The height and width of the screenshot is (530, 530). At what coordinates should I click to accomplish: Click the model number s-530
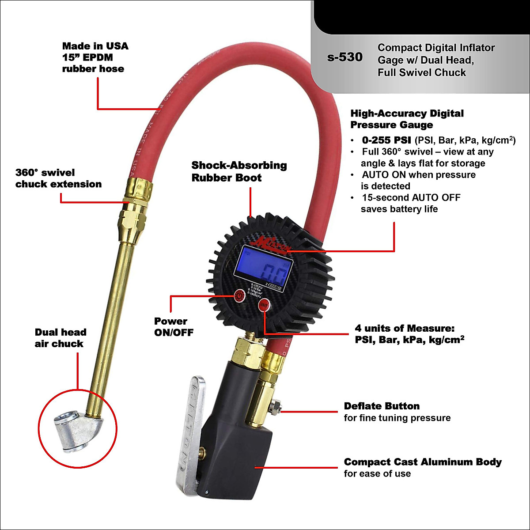coord(344,57)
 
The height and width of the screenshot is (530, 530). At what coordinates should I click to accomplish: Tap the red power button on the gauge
coord(239,295)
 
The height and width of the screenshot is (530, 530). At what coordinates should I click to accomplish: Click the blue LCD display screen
coord(265,265)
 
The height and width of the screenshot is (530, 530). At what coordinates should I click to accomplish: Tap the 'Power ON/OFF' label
coord(174,327)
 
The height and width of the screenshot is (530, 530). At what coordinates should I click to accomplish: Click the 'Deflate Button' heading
coord(382,406)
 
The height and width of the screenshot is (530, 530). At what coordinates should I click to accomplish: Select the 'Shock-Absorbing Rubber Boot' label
coord(239,171)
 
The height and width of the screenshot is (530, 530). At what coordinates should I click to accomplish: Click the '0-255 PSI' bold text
coord(386,140)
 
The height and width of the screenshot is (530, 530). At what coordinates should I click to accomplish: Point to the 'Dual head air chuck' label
coord(60,338)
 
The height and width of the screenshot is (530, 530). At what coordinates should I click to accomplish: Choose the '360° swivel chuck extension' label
coord(58,178)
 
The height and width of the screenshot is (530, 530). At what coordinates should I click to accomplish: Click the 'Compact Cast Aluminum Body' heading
coord(423,462)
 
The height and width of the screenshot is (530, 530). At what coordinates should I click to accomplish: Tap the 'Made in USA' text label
coord(95,46)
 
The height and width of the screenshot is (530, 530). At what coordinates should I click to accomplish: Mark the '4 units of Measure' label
coord(405,328)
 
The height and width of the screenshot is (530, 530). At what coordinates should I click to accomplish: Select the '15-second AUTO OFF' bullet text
coord(411,197)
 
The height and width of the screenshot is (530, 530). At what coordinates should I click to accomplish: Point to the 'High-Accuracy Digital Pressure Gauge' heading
coord(407,119)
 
